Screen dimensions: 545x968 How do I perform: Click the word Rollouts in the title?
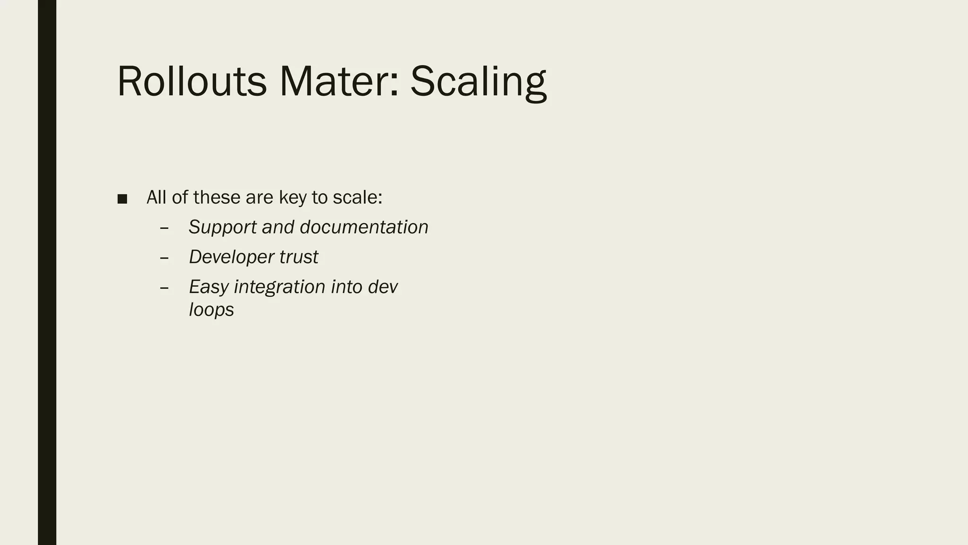tap(191, 81)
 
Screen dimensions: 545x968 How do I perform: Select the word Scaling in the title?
tap(478, 81)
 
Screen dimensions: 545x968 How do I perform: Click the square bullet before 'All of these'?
tap(122, 199)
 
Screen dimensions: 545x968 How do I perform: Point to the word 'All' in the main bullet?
tap(156, 197)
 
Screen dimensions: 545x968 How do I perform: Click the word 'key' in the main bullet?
tap(293, 198)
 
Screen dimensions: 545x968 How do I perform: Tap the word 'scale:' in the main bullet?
tap(357, 197)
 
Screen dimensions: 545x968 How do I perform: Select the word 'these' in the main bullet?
tap(217, 197)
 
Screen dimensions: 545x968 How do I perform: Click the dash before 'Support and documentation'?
tap(164, 228)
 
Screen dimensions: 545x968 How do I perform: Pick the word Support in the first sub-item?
tap(223, 228)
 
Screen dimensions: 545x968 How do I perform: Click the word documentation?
tap(364, 227)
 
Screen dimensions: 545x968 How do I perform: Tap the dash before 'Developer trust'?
tap(164, 258)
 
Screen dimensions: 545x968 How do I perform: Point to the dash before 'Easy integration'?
tap(164, 288)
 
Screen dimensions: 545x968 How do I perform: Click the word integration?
tap(280, 287)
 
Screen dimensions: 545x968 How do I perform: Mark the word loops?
tap(211, 310)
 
